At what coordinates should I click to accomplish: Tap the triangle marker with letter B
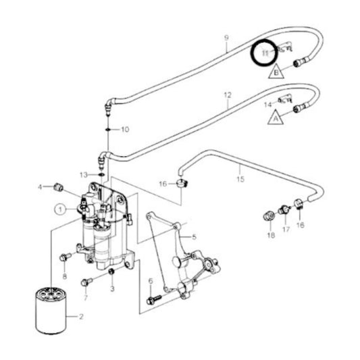[x=276, y=70]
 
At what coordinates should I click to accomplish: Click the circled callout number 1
[x=61, y=209]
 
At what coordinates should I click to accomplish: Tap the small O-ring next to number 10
[x=108, y=128]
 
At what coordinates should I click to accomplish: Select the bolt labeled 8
[x=64, y=257]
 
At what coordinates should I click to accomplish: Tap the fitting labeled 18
[x=267, y=216]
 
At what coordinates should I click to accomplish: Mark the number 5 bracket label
[x=193, y=237]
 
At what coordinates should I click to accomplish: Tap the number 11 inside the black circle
[x=265, y=53]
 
